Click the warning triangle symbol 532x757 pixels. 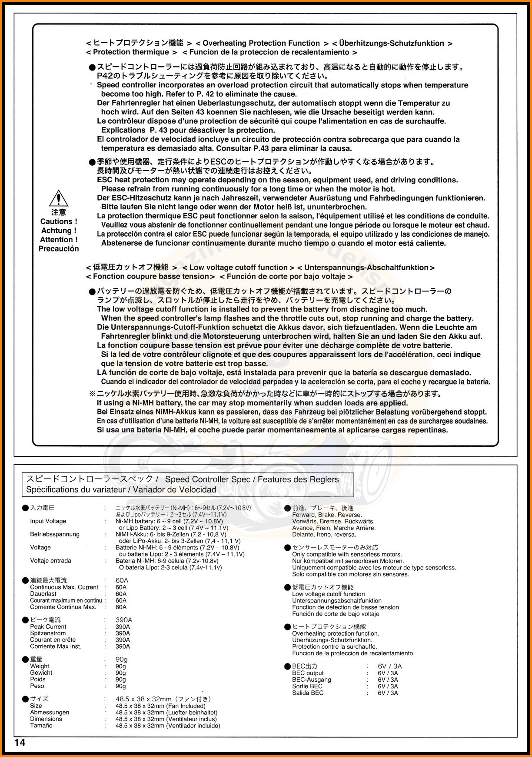[58, 198]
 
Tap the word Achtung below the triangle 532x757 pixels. [58, 231]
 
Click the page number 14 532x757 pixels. [20, 742]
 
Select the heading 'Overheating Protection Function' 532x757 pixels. [261, 43]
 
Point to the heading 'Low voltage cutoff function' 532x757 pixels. [238, 268]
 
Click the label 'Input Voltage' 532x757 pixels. [48, 521]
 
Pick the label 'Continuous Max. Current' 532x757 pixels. [64, 587]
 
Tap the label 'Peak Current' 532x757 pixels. [48, 626]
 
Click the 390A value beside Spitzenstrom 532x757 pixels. [123, 633]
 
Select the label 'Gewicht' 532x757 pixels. [41, 673]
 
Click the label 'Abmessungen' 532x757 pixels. [50, 712]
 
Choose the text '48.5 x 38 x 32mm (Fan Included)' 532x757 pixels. [160, 706]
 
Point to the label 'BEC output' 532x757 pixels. [308, 673]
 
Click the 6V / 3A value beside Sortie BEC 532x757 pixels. [388, 686]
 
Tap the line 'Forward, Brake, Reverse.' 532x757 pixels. [327, 515]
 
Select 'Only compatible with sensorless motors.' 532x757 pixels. [347, 554]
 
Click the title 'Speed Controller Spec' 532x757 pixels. [208, 479]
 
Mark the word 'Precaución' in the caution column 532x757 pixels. [59, 249]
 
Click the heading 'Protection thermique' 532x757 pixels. [131, 52]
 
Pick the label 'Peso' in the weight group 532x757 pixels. [37, 686]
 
